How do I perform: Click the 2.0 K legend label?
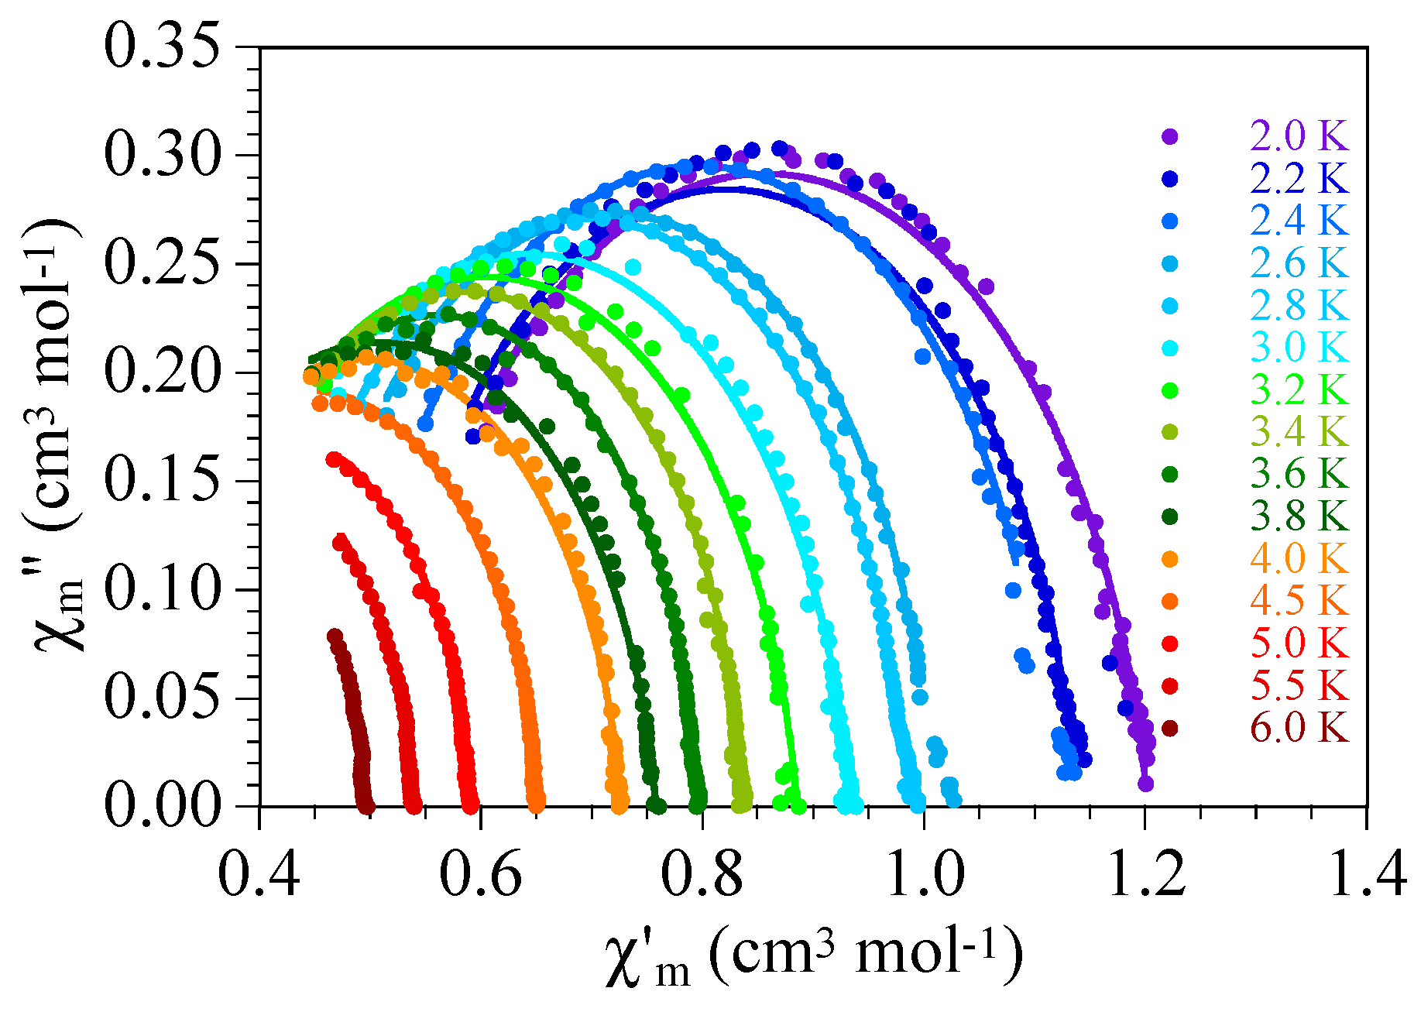[1299, 136]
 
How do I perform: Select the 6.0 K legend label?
[1299, 729]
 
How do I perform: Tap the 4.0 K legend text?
[1299, 559]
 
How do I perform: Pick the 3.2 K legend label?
[1299, 390]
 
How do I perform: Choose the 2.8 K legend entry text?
[1299, 306]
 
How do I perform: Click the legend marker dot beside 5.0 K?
[1170, 643]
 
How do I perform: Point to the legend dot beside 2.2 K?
[1170, 179]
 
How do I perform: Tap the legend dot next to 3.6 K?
[1170, 475]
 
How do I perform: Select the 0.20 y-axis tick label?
[160, 372]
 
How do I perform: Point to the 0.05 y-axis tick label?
[160, 698]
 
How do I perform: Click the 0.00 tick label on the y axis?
[160, 806]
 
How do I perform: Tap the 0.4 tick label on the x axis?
[259, 873]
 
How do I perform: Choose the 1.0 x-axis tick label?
[924, 873]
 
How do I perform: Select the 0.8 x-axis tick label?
[702, 873]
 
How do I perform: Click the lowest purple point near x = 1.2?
[1146, 784]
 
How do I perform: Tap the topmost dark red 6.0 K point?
[335, 636]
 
